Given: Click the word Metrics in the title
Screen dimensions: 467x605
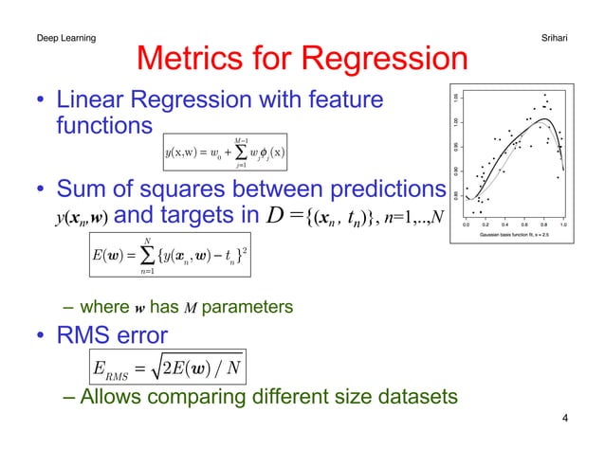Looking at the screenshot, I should pos(195,59).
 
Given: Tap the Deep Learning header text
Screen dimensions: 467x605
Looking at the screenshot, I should pos(65,37).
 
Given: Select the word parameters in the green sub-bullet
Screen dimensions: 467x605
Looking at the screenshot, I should pos(249,307).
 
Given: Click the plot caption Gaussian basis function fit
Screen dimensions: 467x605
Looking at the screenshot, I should pos(513,233).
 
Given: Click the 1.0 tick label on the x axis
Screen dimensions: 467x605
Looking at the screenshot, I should pos(563,225).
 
